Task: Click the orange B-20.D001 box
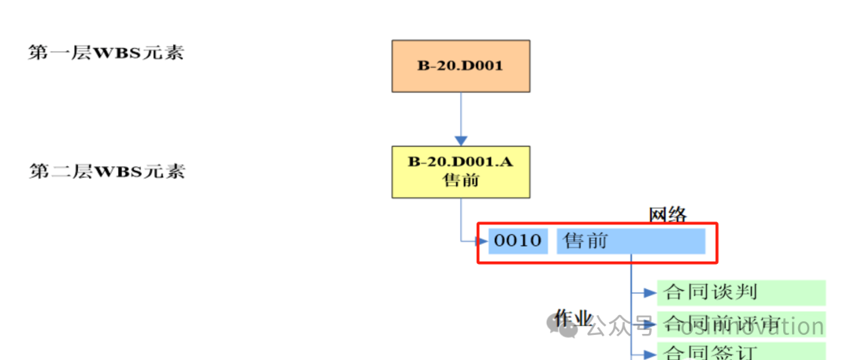(x=460, y=65)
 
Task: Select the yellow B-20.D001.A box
(x=460, y=171)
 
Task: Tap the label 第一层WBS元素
(x=106, y=54)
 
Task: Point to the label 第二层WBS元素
(x=106, y=171)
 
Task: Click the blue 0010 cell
(x=518, y=241)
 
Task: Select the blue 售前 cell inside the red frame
(x=630, y=241)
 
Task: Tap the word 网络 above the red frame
(x=667, y=214)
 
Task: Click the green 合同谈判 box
(x=741, y=292)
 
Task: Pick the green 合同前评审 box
(x=741, y=323)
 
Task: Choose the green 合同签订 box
(x=741, y=351)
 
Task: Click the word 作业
(x=573, y=318)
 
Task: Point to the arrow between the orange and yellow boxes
(x=460, y=118)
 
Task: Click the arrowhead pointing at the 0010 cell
(x=482, y=241)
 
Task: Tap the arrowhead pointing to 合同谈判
(x=650, y=293)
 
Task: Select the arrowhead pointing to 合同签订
(x=650, y=352)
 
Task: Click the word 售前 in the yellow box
(x=460, y=180)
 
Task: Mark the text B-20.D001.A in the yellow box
(x=460, y=162)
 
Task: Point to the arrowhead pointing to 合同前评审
(x=650, y=323)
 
